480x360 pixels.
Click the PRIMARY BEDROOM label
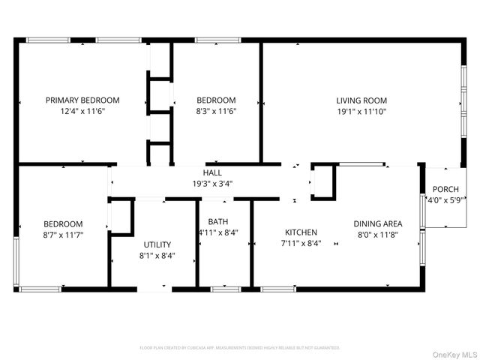click(x=82, y=100)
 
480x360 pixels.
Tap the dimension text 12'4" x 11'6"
click(x=82, y=111)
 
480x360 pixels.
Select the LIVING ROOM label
click(x=361, y=100)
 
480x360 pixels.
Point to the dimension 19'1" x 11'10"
click(x=361, y=111)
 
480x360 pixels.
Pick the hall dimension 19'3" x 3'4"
click(x=213, y=183)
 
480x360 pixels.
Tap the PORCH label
click(x=445, y=190)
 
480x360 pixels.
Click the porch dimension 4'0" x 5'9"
click(x=445, y=200)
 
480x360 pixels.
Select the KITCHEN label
click(x=300, y=232)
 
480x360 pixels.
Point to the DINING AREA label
click(x=379, y=223)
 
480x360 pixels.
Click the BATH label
click(x=218, y=222)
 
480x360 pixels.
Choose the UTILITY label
click(x=157, y=244)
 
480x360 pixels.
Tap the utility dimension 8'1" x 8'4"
click(x=157, y=255)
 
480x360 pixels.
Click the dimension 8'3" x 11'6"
click(x=216, y=111)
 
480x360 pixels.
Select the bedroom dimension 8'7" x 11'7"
click(x=63, y=235)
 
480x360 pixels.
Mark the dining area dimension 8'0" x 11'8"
click(x=379, y=235)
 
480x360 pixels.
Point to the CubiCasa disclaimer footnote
click(x=240, y=348)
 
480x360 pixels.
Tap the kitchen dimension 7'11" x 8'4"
click(x=300, y=243)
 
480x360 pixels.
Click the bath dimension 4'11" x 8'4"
click(x=218, y=232)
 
